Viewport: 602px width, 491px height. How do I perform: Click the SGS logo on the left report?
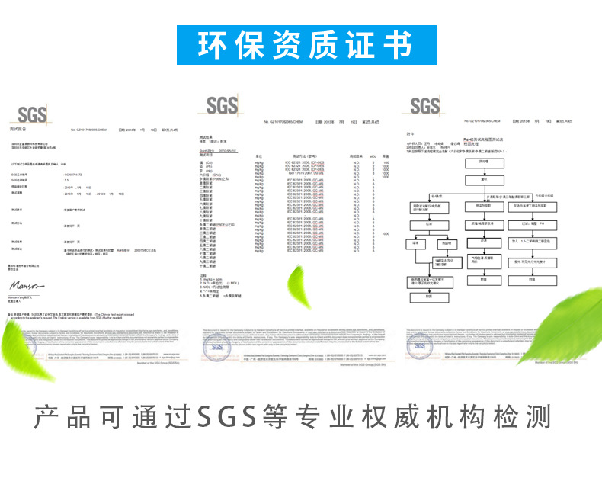[33, 115]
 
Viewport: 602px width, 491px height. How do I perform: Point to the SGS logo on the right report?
[424, 106]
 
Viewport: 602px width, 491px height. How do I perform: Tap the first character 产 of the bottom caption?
[49, 417]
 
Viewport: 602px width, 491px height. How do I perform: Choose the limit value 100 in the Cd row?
[386, 163]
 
